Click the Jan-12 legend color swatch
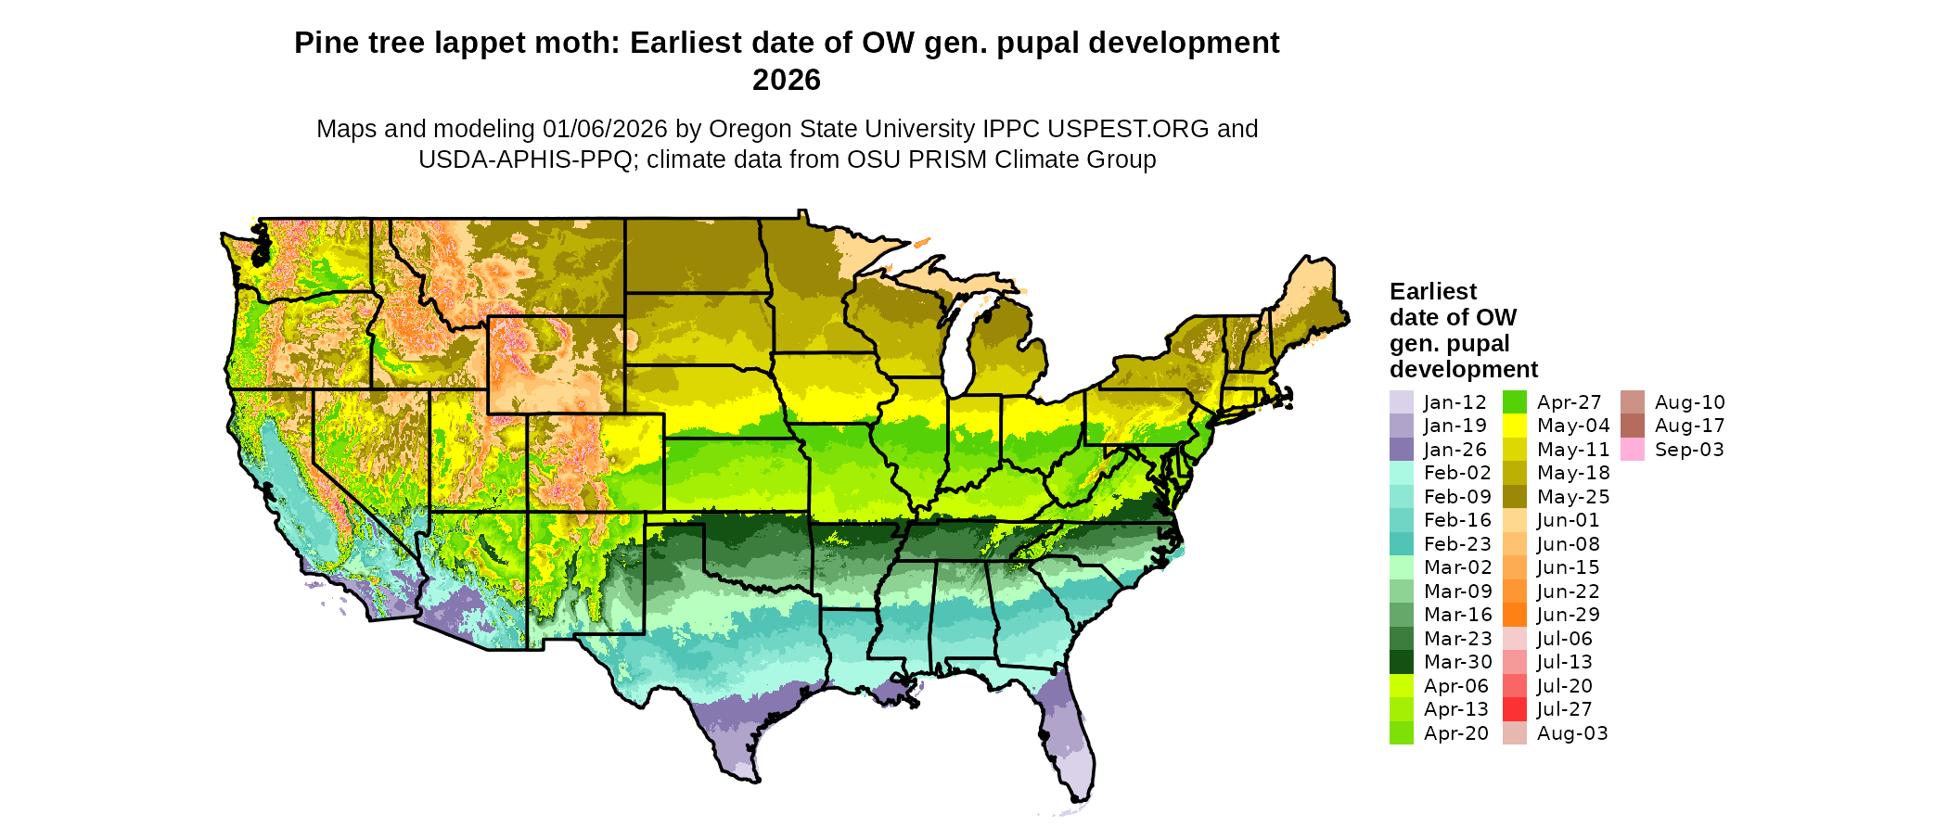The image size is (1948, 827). tap(1401, 402)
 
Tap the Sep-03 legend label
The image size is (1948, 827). tap(1689, 450)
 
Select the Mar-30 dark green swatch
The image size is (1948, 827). tap(1401, 662)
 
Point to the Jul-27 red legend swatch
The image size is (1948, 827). tap(1514, 709)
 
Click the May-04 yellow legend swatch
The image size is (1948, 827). tap(1514, 426)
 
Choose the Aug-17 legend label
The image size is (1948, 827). tap(1689, 426)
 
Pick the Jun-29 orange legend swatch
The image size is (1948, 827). tap(1514, 615)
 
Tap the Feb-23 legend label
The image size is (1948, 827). tap(1457, 544)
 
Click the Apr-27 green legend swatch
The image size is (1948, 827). tap(1514, 402)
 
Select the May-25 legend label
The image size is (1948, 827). tap(1573, 497)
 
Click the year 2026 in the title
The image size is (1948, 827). tap(787, 80)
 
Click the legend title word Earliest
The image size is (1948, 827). tap(1433, 292)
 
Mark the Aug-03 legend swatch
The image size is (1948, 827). tap(1514, 733)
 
